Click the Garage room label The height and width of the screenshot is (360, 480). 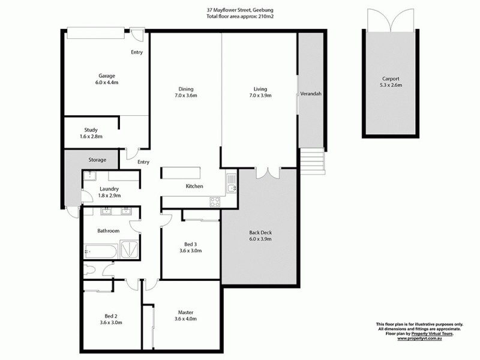point(107,76)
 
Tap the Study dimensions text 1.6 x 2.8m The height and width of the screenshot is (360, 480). point(91,137)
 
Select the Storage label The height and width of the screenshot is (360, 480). point(97,160)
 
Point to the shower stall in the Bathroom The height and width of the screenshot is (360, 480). point(130,249)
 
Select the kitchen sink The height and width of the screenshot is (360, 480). point(231,188)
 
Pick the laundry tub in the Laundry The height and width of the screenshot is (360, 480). point(91,175)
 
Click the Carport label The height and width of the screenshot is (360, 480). point(390,79)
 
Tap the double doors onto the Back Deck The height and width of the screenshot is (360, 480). point(266,173)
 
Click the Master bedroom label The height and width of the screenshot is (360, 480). point(185,312)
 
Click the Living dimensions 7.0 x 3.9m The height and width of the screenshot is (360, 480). point(260,96)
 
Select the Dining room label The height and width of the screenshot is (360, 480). point(185,89)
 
